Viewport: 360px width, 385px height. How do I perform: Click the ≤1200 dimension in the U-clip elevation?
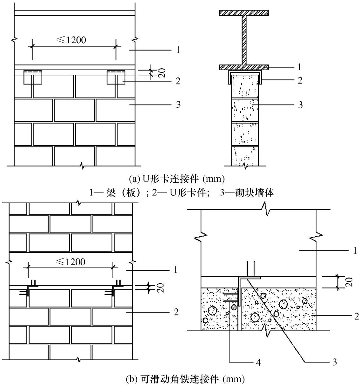coord(72,40)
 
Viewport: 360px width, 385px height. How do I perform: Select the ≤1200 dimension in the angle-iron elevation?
coord(71,262)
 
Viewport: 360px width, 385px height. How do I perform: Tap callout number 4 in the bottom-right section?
coord(258,362)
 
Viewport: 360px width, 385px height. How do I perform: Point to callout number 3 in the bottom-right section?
coord(335,362)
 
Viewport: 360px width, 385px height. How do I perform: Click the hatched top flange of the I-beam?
coord(244,13)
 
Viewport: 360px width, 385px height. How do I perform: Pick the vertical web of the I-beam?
coord(244,40)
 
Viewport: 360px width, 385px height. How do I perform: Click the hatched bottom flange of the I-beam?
coord(244,67)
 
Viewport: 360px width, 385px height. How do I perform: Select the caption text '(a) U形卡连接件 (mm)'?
coord(177,179)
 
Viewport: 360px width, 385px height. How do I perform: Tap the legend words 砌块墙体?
coord(255,193)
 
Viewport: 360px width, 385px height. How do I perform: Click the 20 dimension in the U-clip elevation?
coord(162,73)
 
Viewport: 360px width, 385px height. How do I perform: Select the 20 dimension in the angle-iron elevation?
coord(161,288)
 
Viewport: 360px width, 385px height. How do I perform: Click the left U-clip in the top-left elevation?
coord(33,77)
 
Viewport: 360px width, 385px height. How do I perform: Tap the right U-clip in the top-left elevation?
coord(116,77)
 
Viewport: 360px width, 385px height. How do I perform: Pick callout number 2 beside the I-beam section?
coord(300,80)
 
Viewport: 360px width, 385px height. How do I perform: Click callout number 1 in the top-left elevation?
coord(178,50)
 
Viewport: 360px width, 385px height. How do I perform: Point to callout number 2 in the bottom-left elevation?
coord(176,312)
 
